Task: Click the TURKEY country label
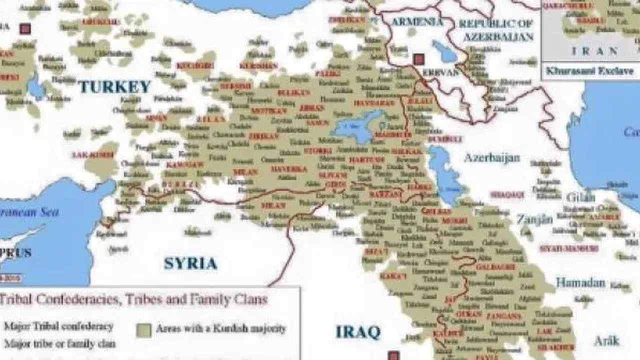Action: tap(114, 86)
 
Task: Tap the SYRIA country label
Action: tap(190, 263)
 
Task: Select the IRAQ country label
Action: tap(357, 331)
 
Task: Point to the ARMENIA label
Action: tap(416, 22)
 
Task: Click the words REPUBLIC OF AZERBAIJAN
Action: tap(496, 30)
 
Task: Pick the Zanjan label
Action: tap(534, 219)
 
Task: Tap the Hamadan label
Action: tap(580, 282)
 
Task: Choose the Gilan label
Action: tap(580, 196)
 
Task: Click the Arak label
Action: tap(606, 341)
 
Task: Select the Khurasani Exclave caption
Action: tap(589, 71)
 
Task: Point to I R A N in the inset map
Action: tap(595, 51)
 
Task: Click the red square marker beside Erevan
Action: tap(418, 59)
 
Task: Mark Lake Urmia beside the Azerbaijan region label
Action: tap(442, 175)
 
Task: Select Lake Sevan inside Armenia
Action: tap(444, 51)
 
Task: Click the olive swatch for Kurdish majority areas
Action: tap(143, 329)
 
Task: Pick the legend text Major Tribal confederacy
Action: tap(58, 326)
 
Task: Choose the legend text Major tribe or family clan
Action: tap(59, 344)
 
